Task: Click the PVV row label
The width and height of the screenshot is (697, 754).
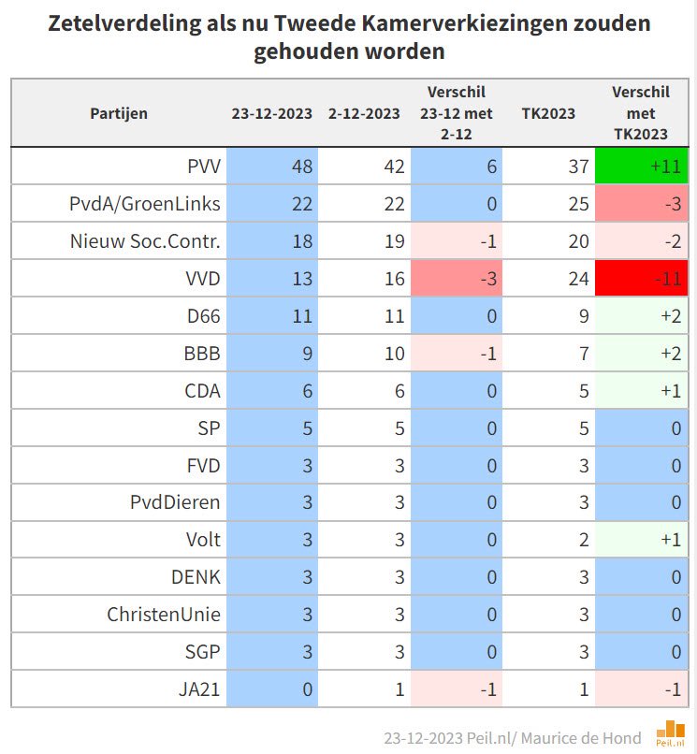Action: point(203,167)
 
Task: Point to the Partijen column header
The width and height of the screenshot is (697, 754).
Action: point(119,113)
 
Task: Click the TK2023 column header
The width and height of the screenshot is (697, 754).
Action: point(548,113)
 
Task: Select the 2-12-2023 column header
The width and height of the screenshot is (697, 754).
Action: point(364,113)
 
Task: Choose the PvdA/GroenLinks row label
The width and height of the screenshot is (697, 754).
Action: point(145,204)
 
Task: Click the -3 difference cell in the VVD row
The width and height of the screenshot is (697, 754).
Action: point(457,278)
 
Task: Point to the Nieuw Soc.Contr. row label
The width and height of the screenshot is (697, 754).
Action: point(145,241)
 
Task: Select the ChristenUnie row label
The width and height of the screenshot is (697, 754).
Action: point(164,614)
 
